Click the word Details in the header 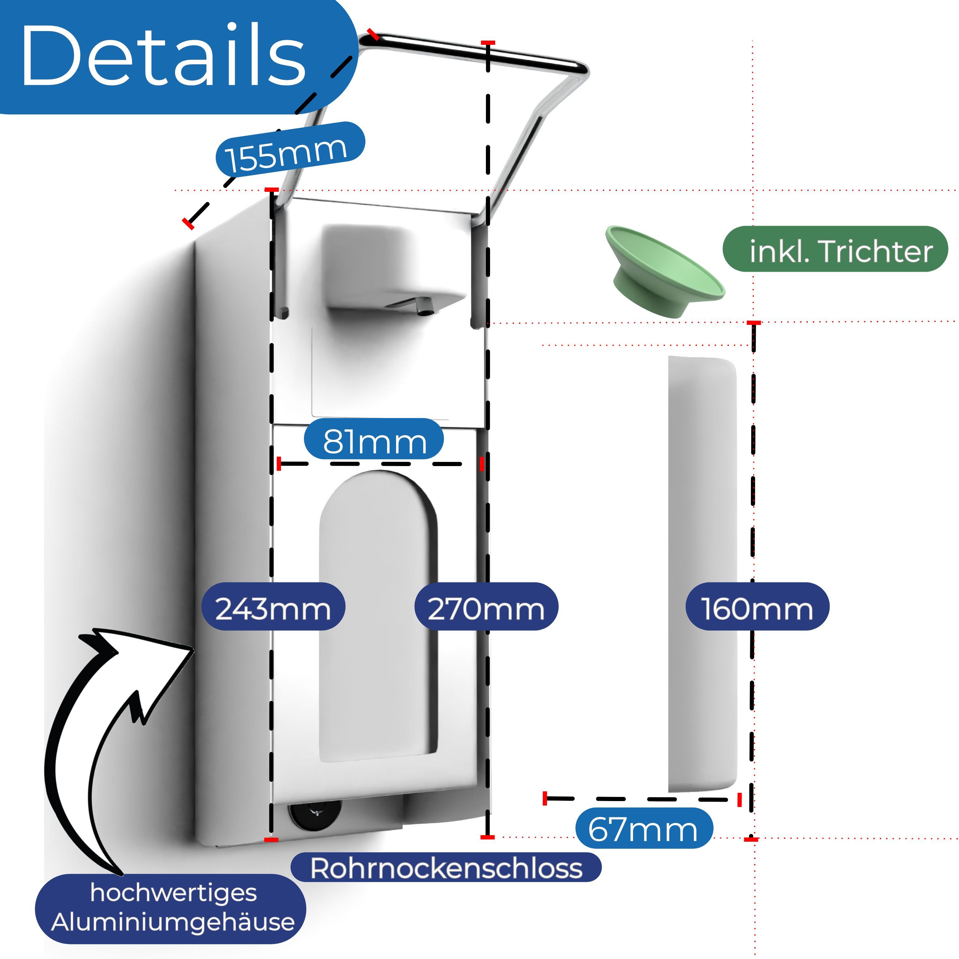164,55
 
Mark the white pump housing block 392,268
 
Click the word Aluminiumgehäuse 173,922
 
